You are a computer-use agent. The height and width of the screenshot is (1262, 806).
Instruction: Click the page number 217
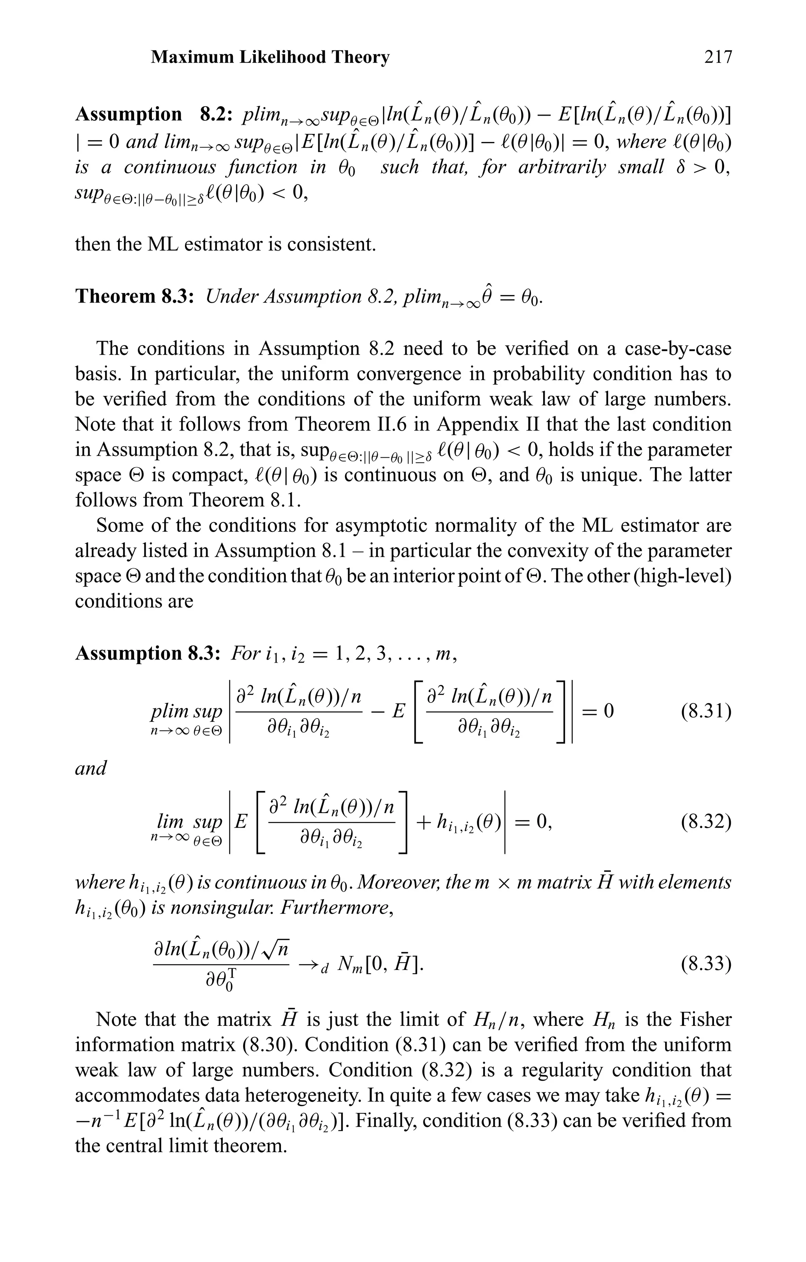[717, 57]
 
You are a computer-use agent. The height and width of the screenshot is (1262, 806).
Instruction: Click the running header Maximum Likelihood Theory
[270, 57]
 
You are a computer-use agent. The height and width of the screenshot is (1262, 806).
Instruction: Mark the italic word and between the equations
[91, 768]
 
